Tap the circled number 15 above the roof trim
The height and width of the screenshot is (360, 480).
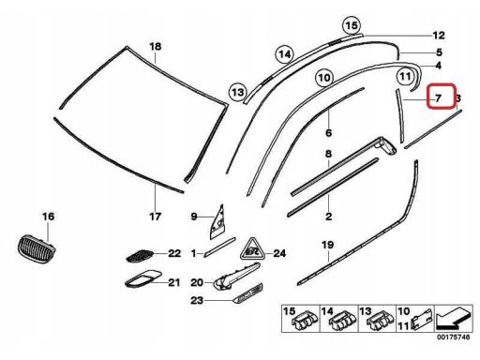352,25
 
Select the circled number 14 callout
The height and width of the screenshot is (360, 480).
285,54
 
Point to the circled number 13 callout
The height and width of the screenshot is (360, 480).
238,92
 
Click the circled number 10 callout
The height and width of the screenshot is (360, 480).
324,77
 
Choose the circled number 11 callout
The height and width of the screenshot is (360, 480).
405,76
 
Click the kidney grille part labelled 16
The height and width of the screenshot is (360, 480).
36,249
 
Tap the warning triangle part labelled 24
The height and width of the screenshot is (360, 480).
252,249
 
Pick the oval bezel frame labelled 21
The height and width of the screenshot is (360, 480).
143,278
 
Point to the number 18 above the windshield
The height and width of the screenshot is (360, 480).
156,47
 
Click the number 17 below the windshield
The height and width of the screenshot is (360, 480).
155,216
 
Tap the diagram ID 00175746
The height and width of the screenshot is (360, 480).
453,337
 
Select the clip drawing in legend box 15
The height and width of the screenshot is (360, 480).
305,321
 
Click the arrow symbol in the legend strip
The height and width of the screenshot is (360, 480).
454,319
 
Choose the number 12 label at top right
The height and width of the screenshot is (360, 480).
439,36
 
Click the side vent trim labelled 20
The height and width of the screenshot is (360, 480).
236,277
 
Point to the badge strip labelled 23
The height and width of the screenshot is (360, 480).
248,293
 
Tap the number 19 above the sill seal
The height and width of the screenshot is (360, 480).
328,245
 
